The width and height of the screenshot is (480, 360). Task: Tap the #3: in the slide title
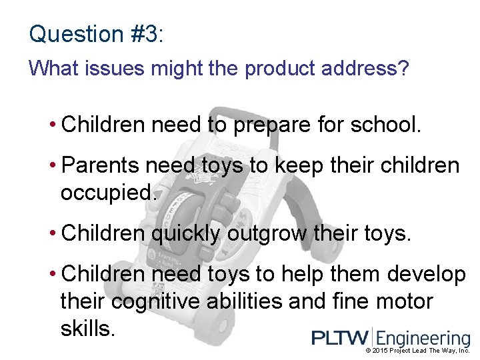144,34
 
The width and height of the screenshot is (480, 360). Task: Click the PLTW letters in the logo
341,338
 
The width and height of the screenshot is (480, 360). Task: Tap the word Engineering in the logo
424,339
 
